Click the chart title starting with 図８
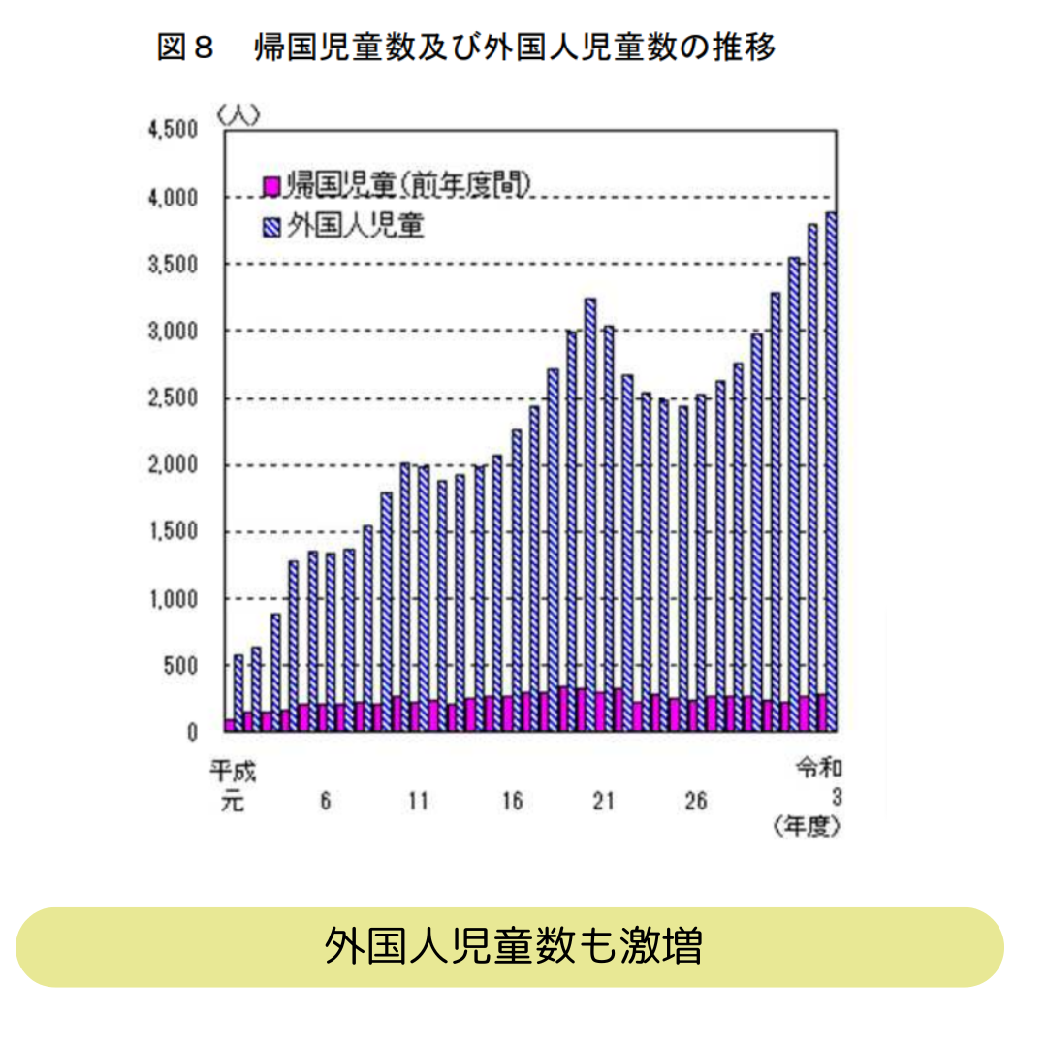tap(466, 48)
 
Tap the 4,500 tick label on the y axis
tap(174, 131)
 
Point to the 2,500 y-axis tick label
tap(174, 398)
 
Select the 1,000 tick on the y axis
tap(174, 599)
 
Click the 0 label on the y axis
tap(192, 733)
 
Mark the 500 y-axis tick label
tap(181, 666)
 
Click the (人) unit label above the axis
tap(238, 113)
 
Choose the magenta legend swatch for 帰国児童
tap(271, 184)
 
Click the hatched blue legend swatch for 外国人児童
tap(271, 227)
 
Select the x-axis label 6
tap(325, 802)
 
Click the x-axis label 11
tap(418, 802)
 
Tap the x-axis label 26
tap(695, 802)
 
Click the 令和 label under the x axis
tap(817, 770)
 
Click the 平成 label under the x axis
tap(233, 773)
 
